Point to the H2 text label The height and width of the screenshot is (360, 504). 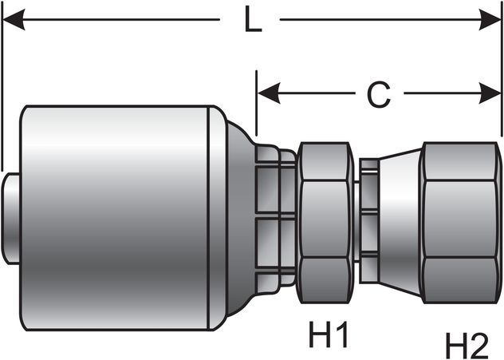467,346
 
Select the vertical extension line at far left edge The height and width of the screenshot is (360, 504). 2,88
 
